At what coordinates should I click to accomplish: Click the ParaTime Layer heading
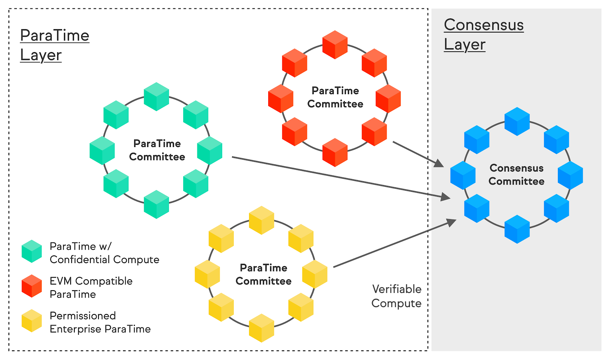[x=54, y=45]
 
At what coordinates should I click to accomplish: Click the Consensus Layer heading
[x=484, y=35]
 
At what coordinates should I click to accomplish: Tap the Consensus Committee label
[x=516, y=175]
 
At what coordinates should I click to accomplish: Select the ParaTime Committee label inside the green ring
[x=157, y=150]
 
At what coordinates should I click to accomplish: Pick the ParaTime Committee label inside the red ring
[x=335, y=97]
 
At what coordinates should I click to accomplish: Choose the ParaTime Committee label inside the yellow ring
[x=264, y=275]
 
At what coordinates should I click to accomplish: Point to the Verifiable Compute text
[x=397, y=296]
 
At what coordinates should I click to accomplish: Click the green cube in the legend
[x=32, y=251]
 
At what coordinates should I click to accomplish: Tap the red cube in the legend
[x=32, y=286]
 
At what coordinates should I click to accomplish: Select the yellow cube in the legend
[x=32, y=321]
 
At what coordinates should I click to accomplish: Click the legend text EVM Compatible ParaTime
[x=91, y=288]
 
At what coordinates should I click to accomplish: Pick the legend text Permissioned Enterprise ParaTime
[x=100, y=322]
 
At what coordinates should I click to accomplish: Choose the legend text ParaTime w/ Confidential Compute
[x=104, y=253]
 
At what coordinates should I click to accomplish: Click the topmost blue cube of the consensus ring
[x=517, y=121]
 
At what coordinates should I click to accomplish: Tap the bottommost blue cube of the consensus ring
[x=517, y=229]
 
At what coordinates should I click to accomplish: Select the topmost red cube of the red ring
[x=335, y=45]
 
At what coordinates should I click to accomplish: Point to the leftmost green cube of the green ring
[x=102, y=151]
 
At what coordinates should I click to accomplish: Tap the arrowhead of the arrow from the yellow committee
[x=452, y=222]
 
